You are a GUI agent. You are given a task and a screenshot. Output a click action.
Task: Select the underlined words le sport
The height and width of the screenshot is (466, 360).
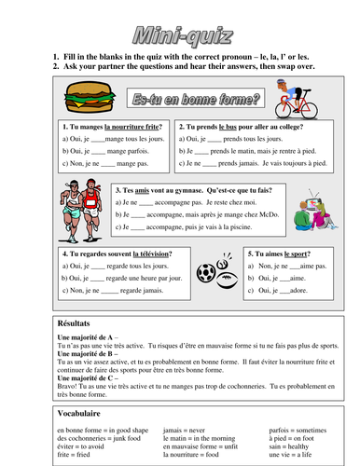291,253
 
